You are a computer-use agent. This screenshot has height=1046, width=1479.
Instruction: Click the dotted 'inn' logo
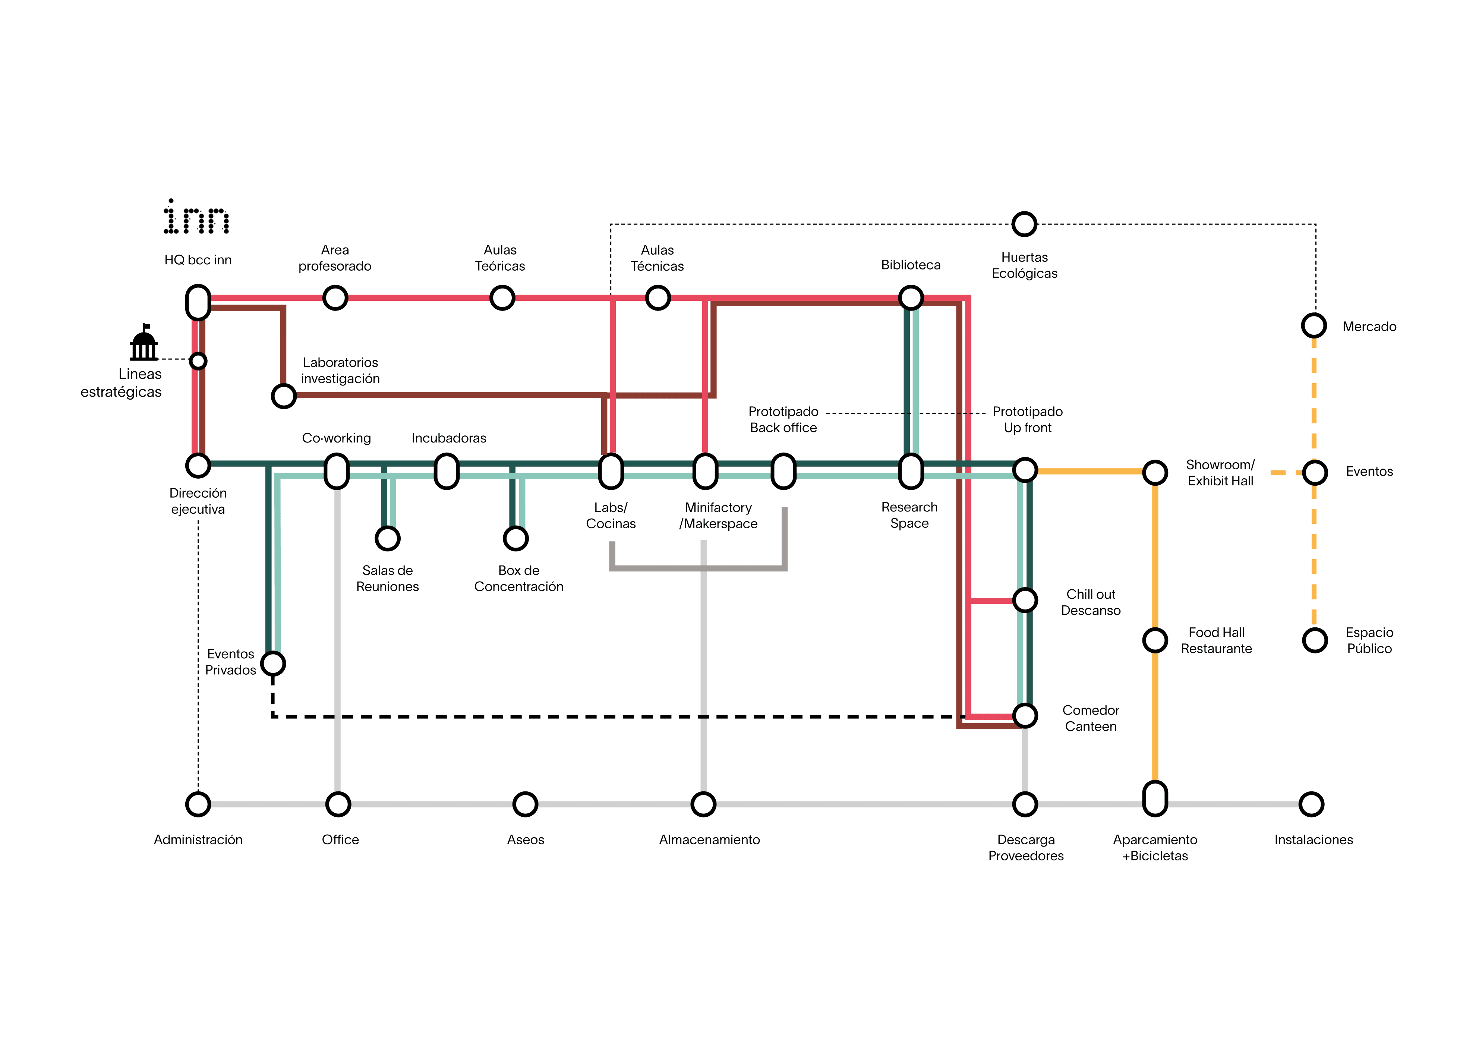[x=196, y=217]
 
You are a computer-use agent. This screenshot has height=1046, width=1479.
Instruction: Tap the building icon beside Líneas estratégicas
[x=144, y=343]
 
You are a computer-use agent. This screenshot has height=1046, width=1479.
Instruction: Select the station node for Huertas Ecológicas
[x=1024, y=224]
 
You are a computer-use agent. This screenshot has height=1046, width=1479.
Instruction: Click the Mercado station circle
[x=1314, y=325]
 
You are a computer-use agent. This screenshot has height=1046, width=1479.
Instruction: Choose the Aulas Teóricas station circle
[x=502, y=298]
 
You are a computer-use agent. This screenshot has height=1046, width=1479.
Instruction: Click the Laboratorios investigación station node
[x=283, y=396]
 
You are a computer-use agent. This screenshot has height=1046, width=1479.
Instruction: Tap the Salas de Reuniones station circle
[x=388, y=538]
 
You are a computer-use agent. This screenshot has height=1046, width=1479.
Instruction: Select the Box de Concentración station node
[x=516, y=538]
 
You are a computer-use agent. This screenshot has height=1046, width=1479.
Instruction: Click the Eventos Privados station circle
[x=273, y=664]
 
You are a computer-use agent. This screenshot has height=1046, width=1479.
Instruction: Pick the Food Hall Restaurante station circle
[x=1155, y=640]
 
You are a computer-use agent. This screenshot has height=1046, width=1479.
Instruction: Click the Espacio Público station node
[x=1315, y=640]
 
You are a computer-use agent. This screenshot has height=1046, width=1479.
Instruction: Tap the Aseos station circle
[x=525, y=804]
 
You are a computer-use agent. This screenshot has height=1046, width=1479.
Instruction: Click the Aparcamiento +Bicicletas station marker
[x=1155, y=799]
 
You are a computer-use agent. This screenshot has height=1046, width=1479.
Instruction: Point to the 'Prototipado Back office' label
[x=783, y=419]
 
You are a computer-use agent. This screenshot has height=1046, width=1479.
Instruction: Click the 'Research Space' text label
[x=909, y=515]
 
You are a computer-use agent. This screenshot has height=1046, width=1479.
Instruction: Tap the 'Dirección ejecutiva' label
[x=198, y=501]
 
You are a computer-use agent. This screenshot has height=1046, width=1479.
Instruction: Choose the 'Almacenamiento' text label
[x=709, y=840]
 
